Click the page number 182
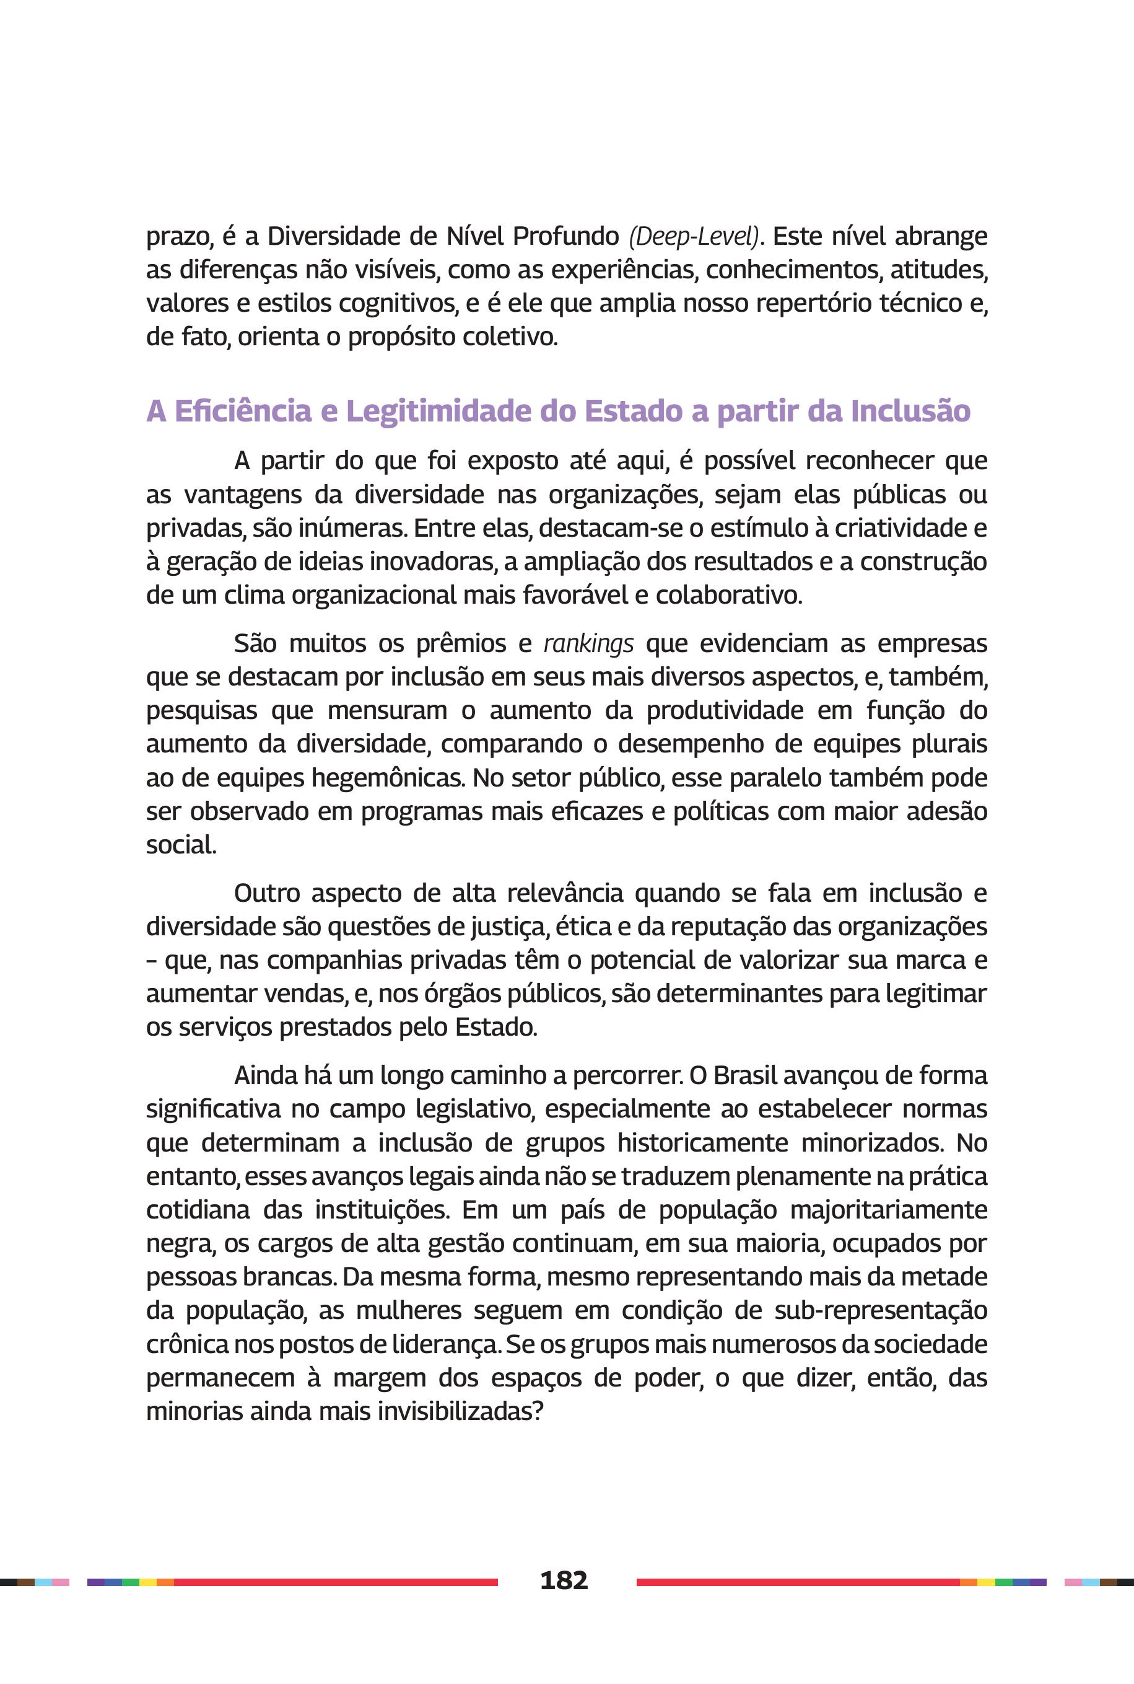(x=564, y=1580)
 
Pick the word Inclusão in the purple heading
(x=910, y=411)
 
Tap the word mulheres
(x=409, y=1311)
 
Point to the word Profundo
(x=565, y=237)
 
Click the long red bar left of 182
(x=336, y=1582)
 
